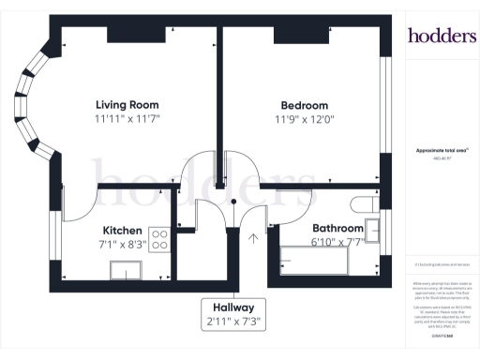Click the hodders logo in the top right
441,36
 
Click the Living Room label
127,104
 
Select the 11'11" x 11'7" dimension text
127,120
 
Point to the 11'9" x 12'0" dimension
304,120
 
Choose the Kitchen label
122,230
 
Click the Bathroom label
337,228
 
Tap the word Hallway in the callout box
234,307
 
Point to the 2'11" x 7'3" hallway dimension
234,322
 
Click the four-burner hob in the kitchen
159,240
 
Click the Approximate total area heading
441,150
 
